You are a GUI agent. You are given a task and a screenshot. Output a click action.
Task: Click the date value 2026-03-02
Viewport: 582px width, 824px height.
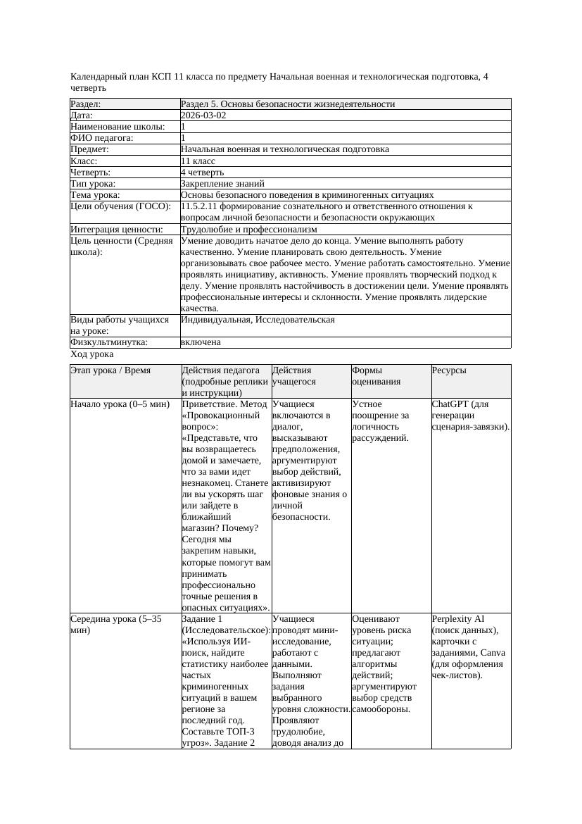203,116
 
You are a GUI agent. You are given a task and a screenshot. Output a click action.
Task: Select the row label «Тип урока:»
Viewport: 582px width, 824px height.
95,183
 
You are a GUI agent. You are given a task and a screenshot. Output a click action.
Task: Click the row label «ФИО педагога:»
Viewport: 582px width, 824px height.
102,138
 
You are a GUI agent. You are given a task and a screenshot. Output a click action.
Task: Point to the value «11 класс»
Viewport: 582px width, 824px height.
198,161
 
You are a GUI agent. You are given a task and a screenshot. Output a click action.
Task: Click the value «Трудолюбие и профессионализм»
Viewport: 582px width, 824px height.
248,230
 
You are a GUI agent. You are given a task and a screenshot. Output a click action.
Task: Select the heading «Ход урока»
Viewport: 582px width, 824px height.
92,355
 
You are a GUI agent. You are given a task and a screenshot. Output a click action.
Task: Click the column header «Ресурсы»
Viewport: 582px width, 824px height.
449,370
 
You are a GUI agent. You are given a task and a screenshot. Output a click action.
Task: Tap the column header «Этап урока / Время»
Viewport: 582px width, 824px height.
110,370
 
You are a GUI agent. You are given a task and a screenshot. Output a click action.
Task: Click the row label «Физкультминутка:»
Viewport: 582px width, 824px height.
109,342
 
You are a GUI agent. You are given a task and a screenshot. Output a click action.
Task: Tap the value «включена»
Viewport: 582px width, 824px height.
201,342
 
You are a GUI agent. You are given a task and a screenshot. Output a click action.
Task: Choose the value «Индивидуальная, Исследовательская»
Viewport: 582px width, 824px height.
258,320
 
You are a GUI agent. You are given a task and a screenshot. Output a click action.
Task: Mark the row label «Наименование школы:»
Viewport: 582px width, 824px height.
118,127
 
